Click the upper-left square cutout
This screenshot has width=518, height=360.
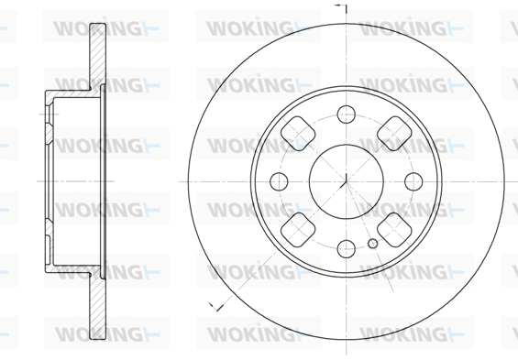298,134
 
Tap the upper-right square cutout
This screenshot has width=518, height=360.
394,134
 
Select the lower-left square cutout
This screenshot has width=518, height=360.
298,230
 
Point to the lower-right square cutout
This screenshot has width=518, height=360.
394,230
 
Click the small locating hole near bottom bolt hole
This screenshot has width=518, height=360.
372,244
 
